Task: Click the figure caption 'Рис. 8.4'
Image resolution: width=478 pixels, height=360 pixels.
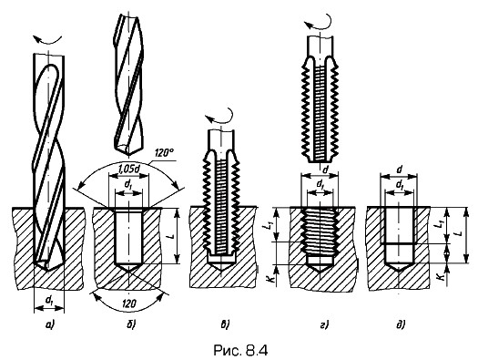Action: pyautogui.click(x=240, y=350)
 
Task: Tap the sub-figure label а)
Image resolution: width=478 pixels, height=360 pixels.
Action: pyautogui.click(x=49, y=325)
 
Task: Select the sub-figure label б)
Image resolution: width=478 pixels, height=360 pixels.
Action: pyautogui.click(x=130, y=325)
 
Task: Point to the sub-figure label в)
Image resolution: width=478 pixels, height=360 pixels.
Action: pyautogui.click(x=224, y=325)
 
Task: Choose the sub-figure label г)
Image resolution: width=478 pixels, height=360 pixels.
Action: pyautogui.click(x=324, y=325)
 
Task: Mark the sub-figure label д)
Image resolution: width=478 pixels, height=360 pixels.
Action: pyautogui.click(x=401, y=325)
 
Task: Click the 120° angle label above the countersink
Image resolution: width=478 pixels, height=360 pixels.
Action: pyautogui.click(x=164, y=153)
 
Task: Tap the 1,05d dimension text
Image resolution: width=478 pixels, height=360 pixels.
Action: pyautogui.click(x=128, y=168)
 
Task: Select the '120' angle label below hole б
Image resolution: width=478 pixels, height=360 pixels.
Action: pyautogui.click(x=128, y=303)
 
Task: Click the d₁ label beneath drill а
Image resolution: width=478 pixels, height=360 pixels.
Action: pyautogui.click(x=49, y=301)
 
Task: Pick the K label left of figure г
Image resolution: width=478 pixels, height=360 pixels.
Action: pyautogui.click(x=270, y=278)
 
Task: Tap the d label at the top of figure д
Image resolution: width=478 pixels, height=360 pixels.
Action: pyautogui.click(x=400, y=170)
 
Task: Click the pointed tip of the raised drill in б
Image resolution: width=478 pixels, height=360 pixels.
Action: pyautogui.click(x=128, y=153)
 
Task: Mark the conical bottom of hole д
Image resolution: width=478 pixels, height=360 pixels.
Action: pyautogui.click(x=399, y=267)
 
